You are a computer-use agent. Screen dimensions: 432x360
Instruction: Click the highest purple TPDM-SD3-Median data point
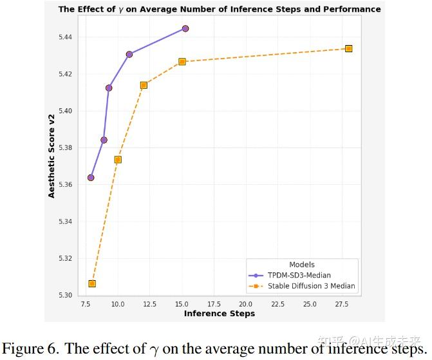click(x=185, y=28)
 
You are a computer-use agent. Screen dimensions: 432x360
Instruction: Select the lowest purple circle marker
click(x=91, y=178)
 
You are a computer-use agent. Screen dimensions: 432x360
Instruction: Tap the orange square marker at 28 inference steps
click(x=348, y=49)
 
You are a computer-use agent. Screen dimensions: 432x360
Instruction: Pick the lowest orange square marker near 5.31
click(x=92, y=283)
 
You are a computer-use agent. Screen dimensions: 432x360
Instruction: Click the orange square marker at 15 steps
click(x=182, y=62)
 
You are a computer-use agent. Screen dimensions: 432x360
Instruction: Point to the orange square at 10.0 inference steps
click(x=118, y=160)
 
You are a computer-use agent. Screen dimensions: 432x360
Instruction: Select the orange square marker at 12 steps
click(x=144, y=85)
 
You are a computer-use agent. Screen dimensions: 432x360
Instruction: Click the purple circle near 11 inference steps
click(x=129, y=54)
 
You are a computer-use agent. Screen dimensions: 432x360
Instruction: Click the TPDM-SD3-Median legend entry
click(x=290, y=275)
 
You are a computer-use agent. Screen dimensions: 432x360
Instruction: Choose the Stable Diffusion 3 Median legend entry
click(x=302, y=286)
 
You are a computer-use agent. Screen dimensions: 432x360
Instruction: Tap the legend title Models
click(x=302, y=265)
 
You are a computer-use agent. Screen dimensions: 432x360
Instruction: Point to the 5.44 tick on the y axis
click(x=65, y=37)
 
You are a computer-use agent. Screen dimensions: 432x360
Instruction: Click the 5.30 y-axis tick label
click(x=65, y=295)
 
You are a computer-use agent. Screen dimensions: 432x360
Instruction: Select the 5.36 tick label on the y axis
click(x=65, y=184)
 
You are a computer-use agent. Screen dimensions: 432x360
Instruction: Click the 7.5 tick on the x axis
click(x=86, y=304)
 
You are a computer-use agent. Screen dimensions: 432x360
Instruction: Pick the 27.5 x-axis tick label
click(x=342, y=304)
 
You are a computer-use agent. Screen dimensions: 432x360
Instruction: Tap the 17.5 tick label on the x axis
click(x=214, y=304)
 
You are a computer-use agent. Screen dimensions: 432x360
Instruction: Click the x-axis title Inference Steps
click(x=220, y=314)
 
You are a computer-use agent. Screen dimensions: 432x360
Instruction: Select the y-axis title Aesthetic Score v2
click(x=52, y=156)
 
